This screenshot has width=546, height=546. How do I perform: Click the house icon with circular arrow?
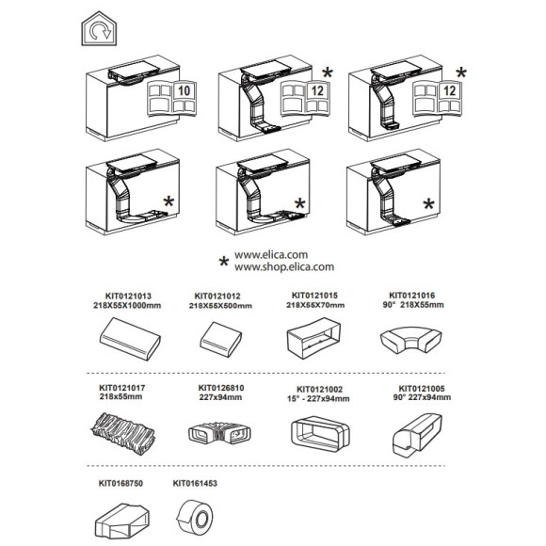pos(99,28)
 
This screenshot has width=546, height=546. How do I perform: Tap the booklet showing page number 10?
pos(172,98)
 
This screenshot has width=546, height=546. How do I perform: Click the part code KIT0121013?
pos(128,296)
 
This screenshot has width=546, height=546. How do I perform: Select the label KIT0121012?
pos(217,296)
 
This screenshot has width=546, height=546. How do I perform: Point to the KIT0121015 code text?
pos(314,296)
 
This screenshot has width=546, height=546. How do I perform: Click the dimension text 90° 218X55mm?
pos(413,305)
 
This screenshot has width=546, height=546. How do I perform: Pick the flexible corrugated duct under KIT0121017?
pos(123,434)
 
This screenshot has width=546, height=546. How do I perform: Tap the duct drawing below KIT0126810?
pos(219,434)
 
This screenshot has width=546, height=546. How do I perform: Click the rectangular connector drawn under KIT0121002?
pos(320,434)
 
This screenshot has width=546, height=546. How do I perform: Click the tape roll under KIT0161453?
pos(195,518)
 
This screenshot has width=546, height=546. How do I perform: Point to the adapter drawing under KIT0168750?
pos(122,522)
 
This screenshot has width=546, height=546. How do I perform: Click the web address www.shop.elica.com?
pos(284,267)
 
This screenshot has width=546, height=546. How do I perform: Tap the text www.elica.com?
pos(271,254)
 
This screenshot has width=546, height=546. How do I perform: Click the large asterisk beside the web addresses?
pos(223,262)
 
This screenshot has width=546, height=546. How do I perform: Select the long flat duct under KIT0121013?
pos(130,339)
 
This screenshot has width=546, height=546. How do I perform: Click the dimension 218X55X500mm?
pos(220,306)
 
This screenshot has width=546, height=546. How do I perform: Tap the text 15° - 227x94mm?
pos(318,399)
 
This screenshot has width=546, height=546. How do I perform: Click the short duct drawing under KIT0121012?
pos(221,340)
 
